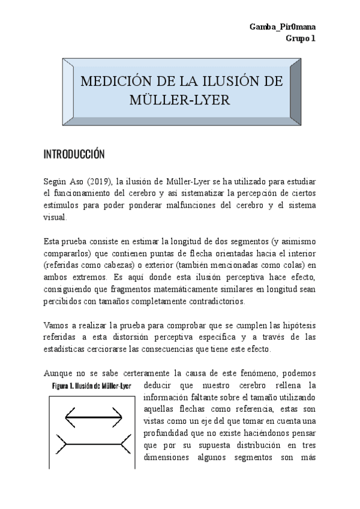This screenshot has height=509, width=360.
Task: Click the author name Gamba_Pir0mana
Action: [283, 28]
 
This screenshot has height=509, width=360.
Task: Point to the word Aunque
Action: [58, 373]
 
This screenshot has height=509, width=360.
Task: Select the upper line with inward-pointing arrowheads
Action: [93, 415]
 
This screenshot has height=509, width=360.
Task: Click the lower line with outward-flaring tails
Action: [93, 445]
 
